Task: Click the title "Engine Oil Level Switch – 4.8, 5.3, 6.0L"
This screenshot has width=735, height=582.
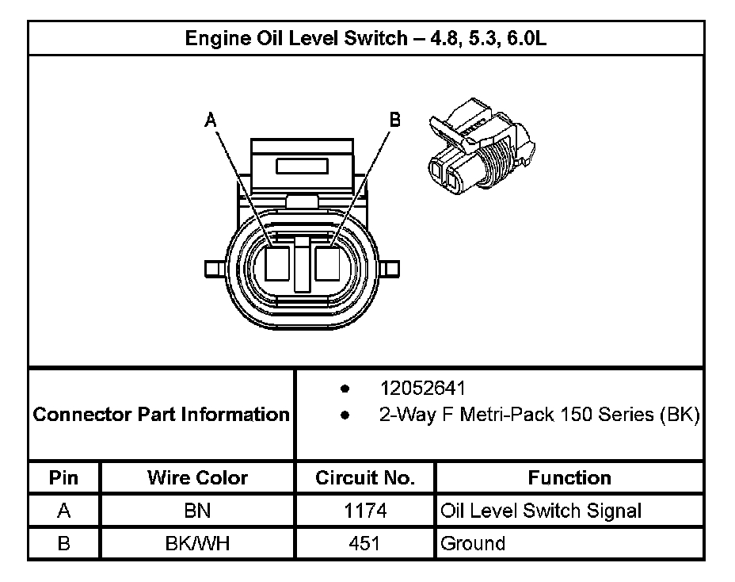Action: (x=365, y=38)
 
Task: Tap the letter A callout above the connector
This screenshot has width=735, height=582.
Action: (x=210, y=120)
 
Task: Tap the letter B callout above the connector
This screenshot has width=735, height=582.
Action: (x=394, y=120)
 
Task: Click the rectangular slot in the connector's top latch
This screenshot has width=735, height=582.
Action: (x=301, y=166)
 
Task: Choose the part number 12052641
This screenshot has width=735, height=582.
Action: (x=423, y=389)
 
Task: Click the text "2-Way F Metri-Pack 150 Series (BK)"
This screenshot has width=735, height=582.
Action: (x=539, y=415)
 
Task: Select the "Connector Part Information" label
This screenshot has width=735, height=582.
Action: (x=162, y=414)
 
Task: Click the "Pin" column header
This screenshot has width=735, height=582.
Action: (x=64, y=478)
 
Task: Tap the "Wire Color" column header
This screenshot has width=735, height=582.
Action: (x=197, y=478)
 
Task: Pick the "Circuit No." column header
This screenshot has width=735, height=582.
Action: (x=365, y=478)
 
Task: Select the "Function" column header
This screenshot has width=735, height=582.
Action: (x=569, y=478)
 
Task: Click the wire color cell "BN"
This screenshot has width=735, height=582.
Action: (x=197, y=511)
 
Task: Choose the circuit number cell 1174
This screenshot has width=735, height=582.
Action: (x=365, y=511)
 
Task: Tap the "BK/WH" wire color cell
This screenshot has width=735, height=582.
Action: (x=197, y=543)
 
